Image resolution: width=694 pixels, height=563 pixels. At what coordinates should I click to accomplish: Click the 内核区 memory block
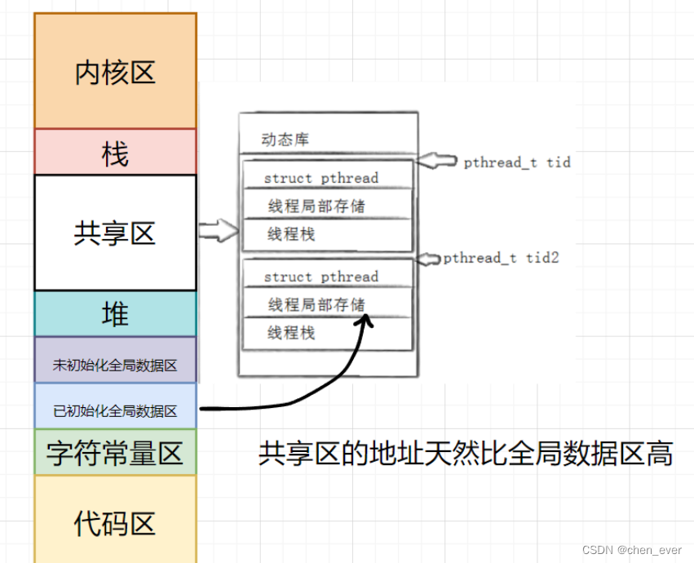pos(115,72)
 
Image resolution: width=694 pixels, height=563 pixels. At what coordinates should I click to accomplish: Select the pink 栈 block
pos(115,152)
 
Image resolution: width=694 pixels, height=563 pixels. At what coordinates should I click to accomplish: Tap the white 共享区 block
pos(115,233)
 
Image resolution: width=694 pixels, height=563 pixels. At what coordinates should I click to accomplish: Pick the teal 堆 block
pos(115,314)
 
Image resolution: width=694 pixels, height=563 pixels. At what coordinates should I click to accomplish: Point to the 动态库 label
pos(285,140)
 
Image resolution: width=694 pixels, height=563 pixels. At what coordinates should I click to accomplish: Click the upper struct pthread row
pos(321,178)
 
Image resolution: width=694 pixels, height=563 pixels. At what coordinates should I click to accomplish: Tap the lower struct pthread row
pos(321,277)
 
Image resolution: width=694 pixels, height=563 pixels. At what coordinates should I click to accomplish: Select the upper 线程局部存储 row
pos(316,206)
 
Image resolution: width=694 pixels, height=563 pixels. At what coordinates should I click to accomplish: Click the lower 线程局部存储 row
pos(316,304)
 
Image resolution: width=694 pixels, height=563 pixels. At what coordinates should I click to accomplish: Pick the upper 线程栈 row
pos(292,234)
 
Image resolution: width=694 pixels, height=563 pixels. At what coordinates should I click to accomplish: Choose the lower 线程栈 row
pos(292,332)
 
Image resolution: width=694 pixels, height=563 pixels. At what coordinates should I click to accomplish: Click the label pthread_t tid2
pos(501,258)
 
